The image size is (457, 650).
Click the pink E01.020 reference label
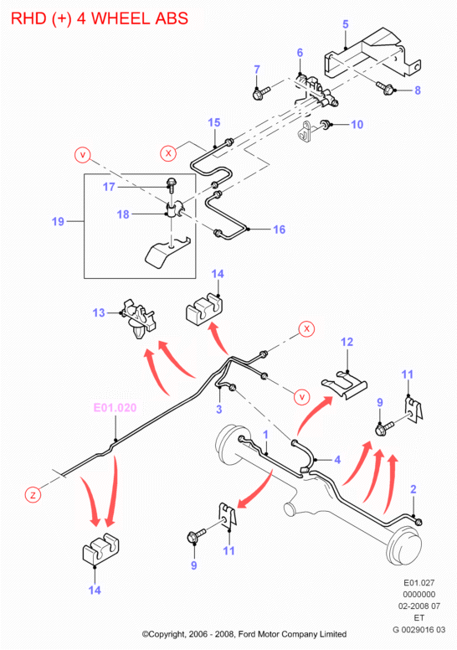[x=115, y=407]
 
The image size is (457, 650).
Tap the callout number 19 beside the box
[x=58, y=221]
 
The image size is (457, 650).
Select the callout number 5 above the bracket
[x=346, y=24]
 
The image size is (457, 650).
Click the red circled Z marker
[x=33, y=494]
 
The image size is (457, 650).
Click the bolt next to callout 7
[x=260, y=92]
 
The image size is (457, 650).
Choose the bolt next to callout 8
[x=384, y=88]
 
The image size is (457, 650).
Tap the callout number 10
[x=357, y=124]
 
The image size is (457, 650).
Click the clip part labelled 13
[x=137, y=319]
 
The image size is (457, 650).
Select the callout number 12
[x=347, y=342]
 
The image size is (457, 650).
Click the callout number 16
[x=280, y=230]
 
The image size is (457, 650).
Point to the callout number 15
[x=213, y=122]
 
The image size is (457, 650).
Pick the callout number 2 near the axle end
[x=413, y=489]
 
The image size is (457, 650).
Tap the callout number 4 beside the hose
[x=337, y=459]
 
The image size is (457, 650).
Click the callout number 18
[x=123, y=214]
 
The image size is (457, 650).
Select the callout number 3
[x=218, y=409]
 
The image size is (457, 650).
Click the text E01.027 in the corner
[x=418, y=582]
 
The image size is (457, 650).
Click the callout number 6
[x=300, y=53]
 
